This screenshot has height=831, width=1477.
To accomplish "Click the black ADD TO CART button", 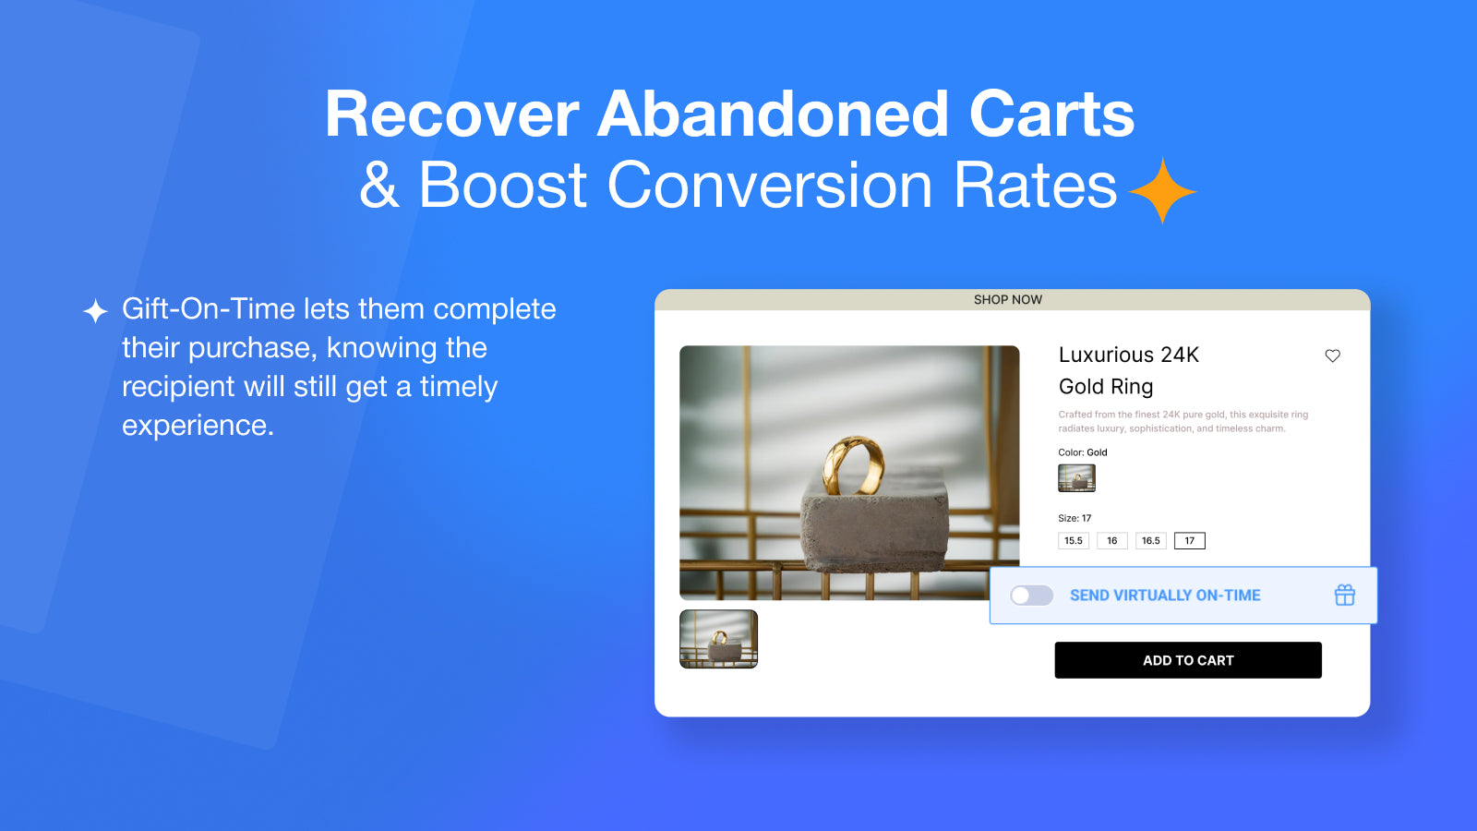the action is [1188, 660].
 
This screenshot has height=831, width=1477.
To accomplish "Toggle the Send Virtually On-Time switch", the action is [1031, 596].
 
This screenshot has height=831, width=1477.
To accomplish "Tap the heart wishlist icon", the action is [1333, 356].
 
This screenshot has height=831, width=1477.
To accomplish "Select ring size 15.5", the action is [1074, 541].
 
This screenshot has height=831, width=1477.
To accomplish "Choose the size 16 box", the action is [1112, 541].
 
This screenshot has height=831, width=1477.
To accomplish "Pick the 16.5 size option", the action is [1151, 541].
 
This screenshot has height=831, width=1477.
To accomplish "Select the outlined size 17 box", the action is [1190, 541].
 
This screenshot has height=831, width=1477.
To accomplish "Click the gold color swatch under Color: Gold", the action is [1076, 478].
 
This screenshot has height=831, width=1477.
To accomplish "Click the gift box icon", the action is [1345, 595].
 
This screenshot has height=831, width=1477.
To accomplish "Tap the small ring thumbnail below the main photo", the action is [719, 639].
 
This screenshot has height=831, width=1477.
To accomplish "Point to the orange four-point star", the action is [1162, 191].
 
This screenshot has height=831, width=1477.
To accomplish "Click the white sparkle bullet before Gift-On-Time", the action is [96, 310].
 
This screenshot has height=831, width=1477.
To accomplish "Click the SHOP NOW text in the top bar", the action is [1008, 300].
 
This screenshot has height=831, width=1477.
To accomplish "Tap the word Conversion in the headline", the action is [770, 185].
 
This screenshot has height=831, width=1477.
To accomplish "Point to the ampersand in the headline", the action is [379, 185].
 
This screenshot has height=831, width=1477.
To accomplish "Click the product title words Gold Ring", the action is [1106, 387].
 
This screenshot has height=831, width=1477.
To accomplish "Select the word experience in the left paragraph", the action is [198, 426].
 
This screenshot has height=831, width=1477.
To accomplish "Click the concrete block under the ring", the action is [874, 521].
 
